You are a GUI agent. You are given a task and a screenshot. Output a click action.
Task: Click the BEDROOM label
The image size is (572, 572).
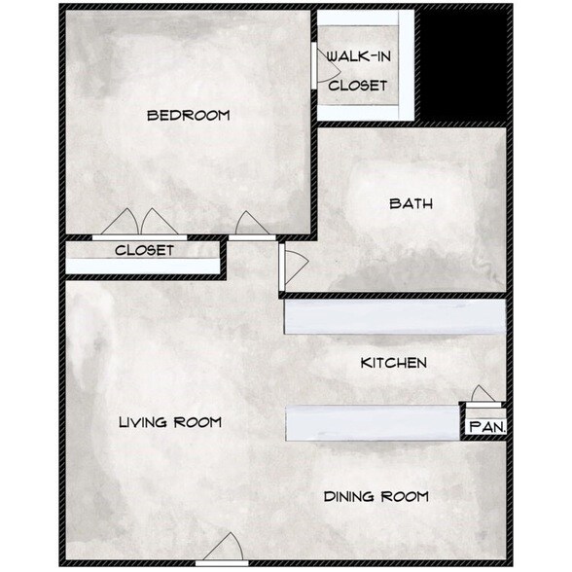pyautogui.click(x=189, y=116)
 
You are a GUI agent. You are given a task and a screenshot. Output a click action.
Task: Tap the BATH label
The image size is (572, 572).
pyautogui.click(x=411, y=203)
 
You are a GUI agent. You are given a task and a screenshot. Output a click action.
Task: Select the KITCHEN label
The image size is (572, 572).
pyautogui.click(x=394, y=363)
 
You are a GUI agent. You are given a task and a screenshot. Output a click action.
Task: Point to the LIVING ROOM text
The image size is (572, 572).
pyautogui.click(x=170, y=422)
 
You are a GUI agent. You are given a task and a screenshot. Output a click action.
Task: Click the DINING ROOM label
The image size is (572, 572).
pyautogui.click(x=376, y=496)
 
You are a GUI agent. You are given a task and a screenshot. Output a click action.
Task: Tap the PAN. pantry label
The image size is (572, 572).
pyautogui.click(x=487, y=427)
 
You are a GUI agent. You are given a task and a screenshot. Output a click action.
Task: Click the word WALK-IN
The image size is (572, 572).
pyautogui.click(x=359, y=56)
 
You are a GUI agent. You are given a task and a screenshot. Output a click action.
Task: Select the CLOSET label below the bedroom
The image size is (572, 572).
pyautogui.click(x=144, y=250)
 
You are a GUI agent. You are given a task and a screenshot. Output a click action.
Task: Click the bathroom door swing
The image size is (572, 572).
pyautogui.click(x=296, y=265)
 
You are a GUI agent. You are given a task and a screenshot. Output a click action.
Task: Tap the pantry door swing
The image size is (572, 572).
pyautogui.click(x=483, y=394)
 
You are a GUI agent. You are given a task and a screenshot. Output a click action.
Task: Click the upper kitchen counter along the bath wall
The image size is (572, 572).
pyautogui.click(x=395, y=317)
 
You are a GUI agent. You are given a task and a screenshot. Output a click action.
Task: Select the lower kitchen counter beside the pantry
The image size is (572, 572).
pyautogui.click(x=373, y=423)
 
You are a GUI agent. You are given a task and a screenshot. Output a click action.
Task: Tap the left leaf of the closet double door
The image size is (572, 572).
pyautogui.click(x=121, y=223)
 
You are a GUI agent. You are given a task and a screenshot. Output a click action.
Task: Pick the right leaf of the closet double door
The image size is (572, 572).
pyautogui.click(x=160, y=223)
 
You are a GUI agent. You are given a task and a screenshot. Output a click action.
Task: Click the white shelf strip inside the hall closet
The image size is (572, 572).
pyautogui.click(x=143, y=266)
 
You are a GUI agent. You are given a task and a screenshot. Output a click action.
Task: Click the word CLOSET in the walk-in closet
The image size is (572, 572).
pyautogui.click(x=358, y=86)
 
